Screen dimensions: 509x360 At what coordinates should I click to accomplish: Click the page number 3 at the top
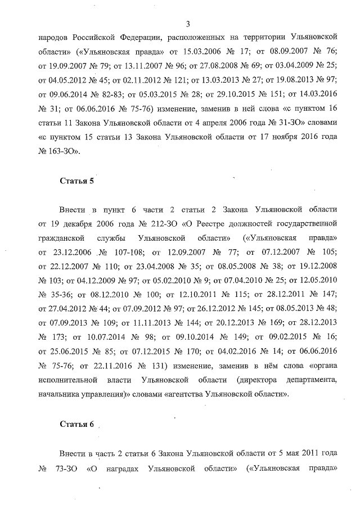(x=187, y=23)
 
